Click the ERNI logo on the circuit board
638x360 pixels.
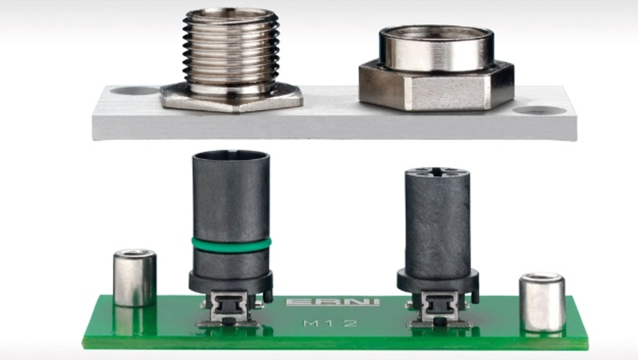pos(332,302)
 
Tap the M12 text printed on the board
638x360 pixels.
pos(330,323)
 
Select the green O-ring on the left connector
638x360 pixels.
pos(231,245)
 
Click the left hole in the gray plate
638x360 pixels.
pos(134,91)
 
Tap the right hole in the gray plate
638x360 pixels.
pos(540,111)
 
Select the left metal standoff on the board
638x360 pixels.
pos(135,278)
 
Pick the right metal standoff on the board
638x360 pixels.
pos(542,303)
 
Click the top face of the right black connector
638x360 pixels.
pos(437,173)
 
